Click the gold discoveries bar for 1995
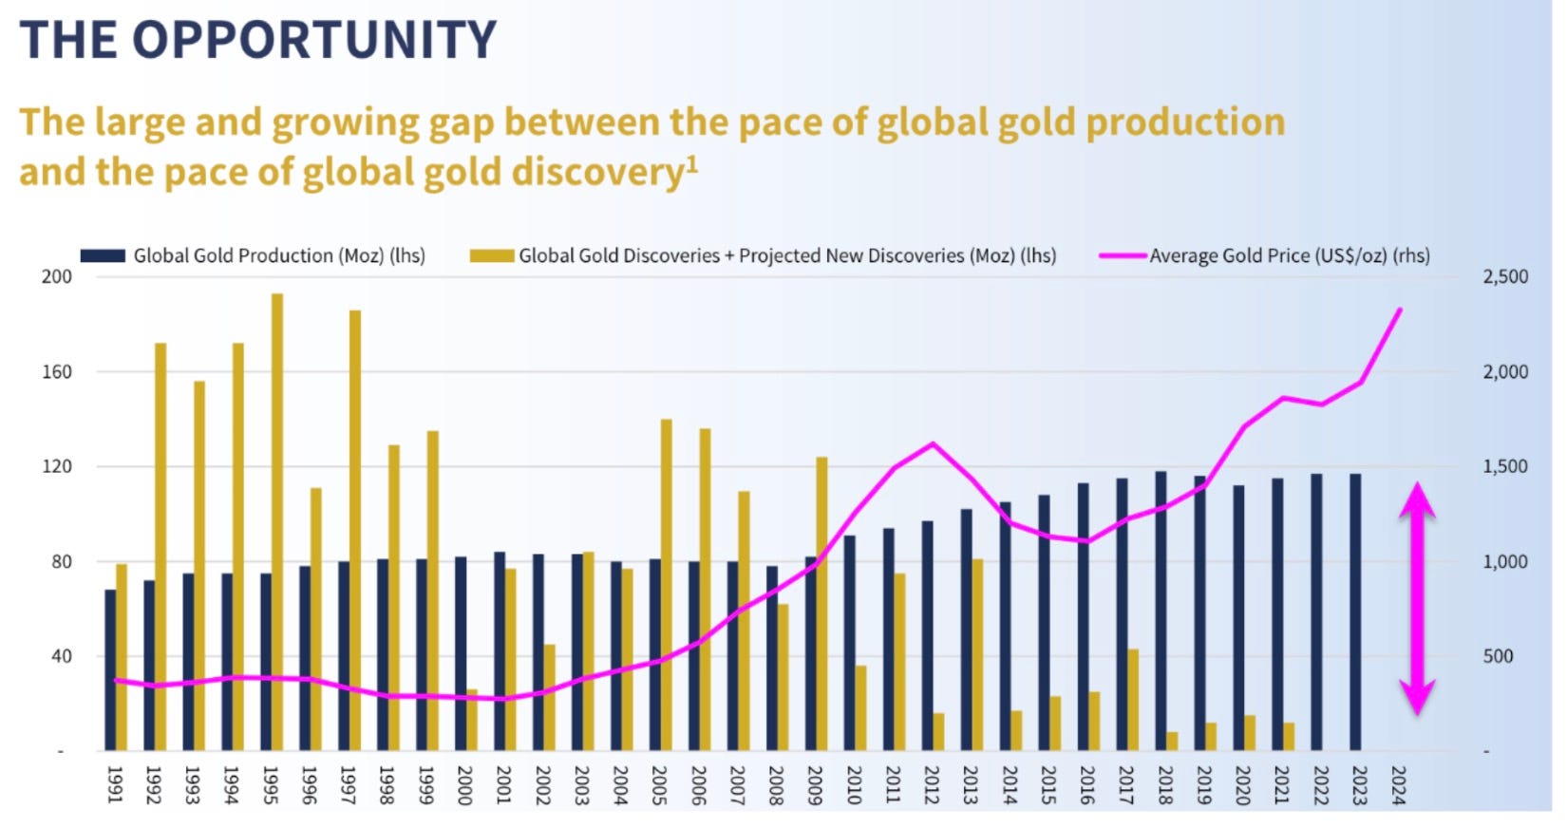coord(277,522)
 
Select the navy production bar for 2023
coord(1355,612)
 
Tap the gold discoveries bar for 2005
coord(667,584)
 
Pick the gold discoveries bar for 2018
coord(1172,741)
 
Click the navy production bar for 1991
coord(110,669)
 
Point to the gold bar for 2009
coord(821,604)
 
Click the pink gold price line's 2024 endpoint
coord(1400,310)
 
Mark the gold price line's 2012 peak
coord(933,443)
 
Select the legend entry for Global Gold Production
coord(278,255)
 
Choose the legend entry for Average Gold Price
coord(1289,255)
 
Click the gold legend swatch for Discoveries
coord(492,255)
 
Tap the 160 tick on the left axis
coord(57,371)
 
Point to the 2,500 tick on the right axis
coord(1505,276)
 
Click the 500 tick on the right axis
coord(1498,656)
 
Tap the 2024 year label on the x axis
coord(1398,785)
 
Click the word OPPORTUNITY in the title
coord(314,40)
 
